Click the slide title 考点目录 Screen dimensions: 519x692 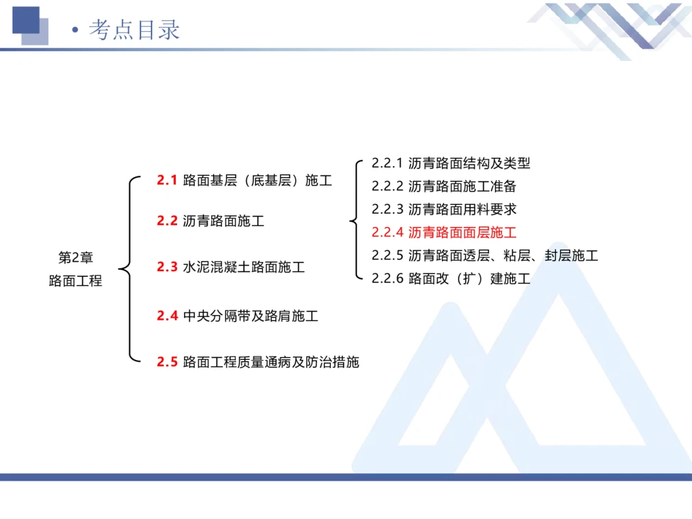pos(134,30)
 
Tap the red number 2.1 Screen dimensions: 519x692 pos(167,181)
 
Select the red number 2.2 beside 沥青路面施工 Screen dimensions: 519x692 pos(167,221)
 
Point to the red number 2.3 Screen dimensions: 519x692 pos(167,266)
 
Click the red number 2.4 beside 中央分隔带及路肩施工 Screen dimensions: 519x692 pos(167,316)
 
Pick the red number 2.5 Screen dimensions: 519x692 pos(167,361)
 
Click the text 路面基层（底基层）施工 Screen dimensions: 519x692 pos(257,181)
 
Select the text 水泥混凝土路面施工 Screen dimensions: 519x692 pos(244,266)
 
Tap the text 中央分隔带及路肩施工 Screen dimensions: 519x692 pos(251,316)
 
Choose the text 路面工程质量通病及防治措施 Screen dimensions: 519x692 pos(271,361)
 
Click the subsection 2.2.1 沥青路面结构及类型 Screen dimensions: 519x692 pos(450,163)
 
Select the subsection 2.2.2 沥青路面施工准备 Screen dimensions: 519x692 pos(444,186)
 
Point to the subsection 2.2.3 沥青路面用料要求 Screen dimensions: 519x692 pos(444,209)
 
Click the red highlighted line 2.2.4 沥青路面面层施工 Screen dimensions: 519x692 pos(444,232)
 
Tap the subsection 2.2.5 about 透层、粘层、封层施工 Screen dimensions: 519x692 pos(484,255)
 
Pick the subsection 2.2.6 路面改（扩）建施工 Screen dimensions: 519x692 pos(450,279)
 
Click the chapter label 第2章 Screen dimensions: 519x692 pos(75,258)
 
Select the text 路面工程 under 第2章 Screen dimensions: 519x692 pos(75,281)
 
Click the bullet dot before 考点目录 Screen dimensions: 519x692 pos(75,31)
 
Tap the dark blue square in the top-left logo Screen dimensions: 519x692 pos(26,19)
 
